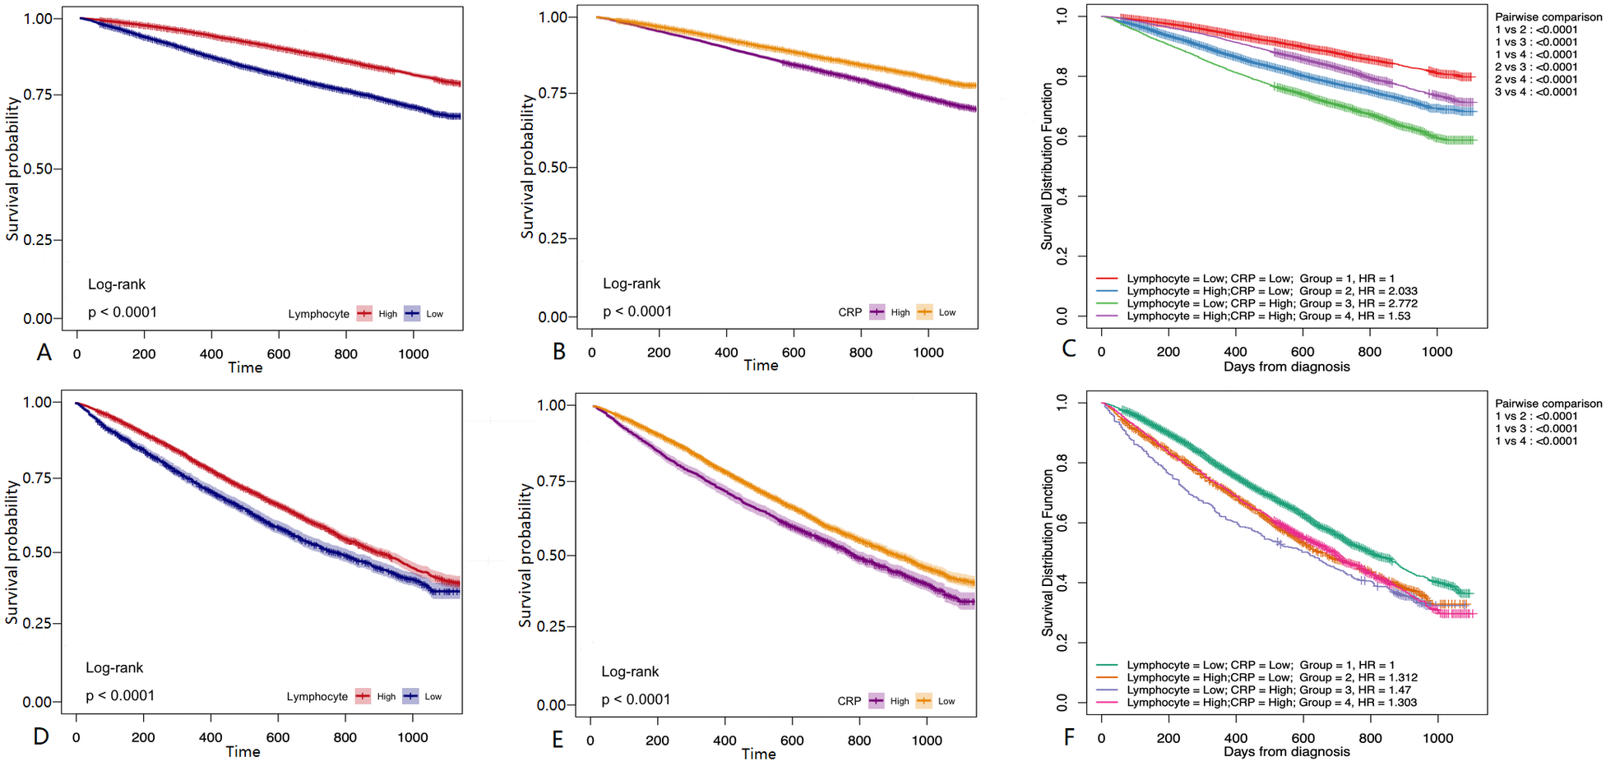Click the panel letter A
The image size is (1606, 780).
pyautogui.click(x=44, y=353)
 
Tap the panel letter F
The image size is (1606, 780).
pyautogui.click(x=1069, y=736)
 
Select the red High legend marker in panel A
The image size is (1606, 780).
pyautogui.click(x=364, y=314)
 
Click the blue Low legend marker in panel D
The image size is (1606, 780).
pyautogui.click(x=411, y=696)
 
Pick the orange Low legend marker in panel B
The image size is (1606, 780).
pyautogui.click(x=924, y=312)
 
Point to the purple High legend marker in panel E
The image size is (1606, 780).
pyautogui.click(x=877, y=701)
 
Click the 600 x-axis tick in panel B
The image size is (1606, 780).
pyautogui.click(x=794, y=353)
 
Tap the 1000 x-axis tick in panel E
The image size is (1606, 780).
pyautogui.click(x=927, y=741)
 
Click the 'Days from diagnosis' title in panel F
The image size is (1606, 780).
pyautogui.click(x=1286, y=752)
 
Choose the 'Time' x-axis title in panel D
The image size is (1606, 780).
pyautogui.click(x=243, y=752)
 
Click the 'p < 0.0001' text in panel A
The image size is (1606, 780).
pyautogui.click(x=123, y=312)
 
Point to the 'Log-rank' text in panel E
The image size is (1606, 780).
pyautogui.click(x=630, y=672)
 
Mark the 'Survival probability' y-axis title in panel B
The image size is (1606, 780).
pyautogui.click(x=527, y=167)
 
